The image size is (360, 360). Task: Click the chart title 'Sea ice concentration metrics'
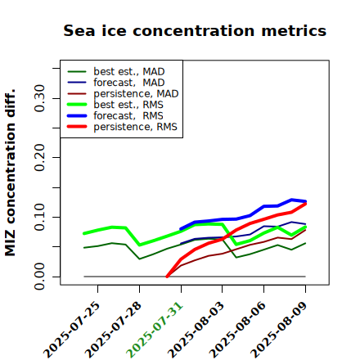[195, 30]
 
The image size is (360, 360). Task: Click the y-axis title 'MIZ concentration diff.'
[10, 173]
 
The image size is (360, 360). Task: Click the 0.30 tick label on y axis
[39, 98]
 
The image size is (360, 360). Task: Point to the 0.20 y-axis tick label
[39, 157]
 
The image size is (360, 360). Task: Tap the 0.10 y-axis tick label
[39, 217]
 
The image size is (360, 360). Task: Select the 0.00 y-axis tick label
[39, 277]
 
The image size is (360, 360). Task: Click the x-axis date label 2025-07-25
[72, 330]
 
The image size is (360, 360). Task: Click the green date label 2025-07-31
[155, 330]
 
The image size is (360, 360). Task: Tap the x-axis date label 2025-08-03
[196, 330]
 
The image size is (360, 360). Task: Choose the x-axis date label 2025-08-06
[237, 330]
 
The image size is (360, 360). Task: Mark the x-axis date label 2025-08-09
[279, 330]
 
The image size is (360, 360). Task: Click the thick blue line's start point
[181, 229]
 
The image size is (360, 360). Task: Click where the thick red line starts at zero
[167, 277]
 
